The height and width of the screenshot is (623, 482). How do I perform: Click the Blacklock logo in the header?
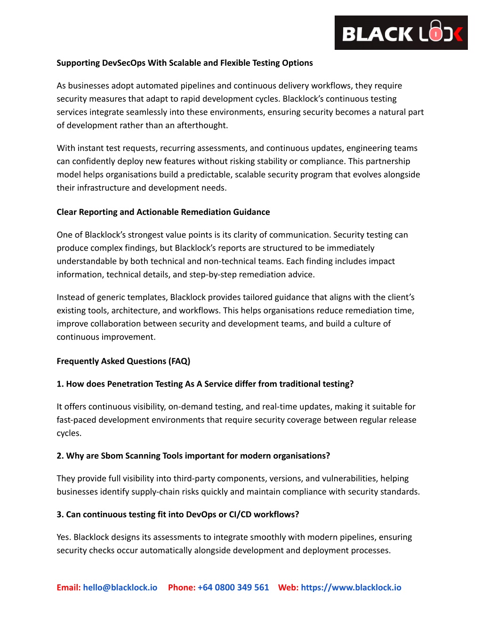pyautogui.click(x=401, y=33)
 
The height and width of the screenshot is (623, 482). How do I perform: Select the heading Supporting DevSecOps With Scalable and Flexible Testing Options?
pyautogui.click(x=185, y=63)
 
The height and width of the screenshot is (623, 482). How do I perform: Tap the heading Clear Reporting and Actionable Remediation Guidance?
pyautogui.click(x=163, y=212)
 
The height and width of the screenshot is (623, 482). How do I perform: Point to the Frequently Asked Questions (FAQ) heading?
pyautogui.click(x=123, y=361)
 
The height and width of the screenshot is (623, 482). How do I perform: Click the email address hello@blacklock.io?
pyautogui.click(x=120, y=587)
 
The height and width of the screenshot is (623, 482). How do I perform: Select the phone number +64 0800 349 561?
pyautogui.click(x=233, y=587)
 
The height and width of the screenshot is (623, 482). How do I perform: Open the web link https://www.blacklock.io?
pyautogui.click(x=351, y=587)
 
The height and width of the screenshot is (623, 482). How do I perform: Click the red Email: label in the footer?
pyautogui.click(x=69, y=587)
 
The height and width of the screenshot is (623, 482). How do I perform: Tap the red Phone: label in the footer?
pyautogui.click(x=182, y=587)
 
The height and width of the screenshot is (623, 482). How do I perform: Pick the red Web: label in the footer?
pyautogui.click(x=288, y=587)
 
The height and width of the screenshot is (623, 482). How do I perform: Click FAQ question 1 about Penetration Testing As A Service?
pyautogui.click(x=205, y=384)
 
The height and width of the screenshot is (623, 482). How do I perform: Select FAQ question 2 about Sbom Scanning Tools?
pyautogui.click(x=193, y=456)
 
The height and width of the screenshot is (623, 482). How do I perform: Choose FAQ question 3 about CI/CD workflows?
pyautogui.click(x=177, y=515)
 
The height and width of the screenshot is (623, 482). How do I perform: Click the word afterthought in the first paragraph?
pyautogui.click(x=204, y=126)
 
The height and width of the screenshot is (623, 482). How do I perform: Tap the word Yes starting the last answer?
pyautogui.click(x=64, y=537)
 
